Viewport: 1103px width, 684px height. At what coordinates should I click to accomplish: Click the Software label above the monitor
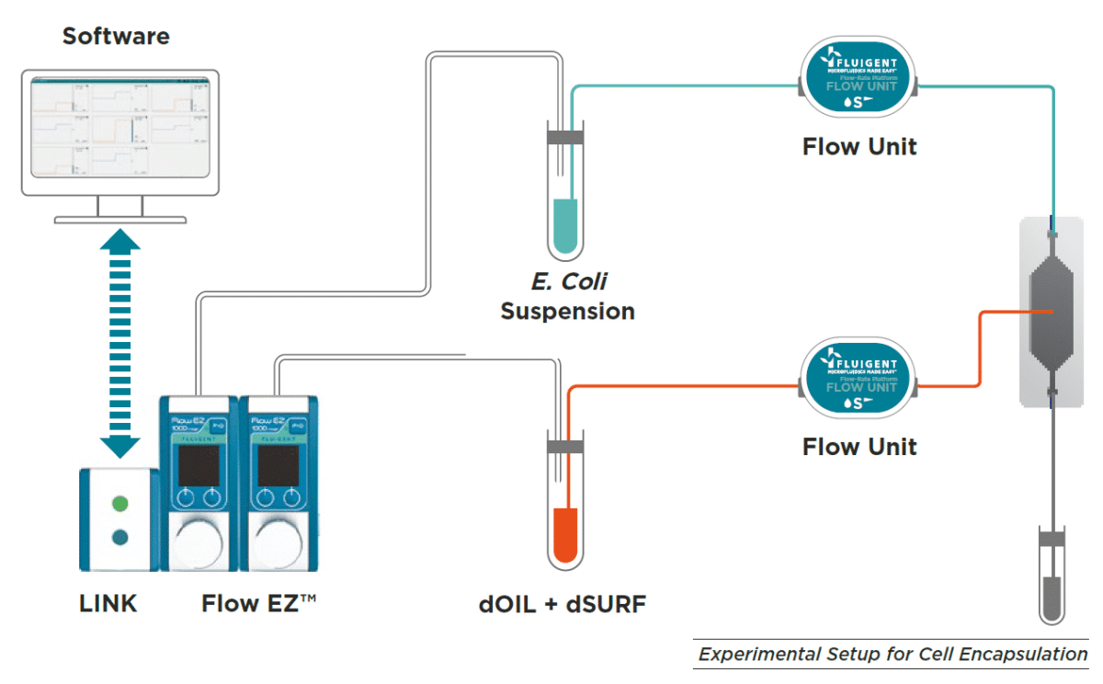(116, 37)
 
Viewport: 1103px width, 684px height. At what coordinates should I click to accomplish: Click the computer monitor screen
(119, 128)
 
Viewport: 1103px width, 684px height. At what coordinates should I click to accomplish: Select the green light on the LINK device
(119, 504)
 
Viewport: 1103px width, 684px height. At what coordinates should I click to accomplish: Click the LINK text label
(108, 604)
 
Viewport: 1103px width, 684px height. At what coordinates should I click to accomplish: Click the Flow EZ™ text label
(259, 604)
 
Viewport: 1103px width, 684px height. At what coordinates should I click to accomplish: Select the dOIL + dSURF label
(563, 604)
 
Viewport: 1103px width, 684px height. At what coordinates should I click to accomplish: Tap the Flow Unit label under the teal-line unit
(859, 147)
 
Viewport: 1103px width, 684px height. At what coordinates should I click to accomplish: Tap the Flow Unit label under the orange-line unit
(859, 448)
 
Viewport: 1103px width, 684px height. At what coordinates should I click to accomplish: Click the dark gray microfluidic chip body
(1052, 313)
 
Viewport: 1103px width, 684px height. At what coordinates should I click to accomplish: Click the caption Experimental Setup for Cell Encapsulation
(893, 655)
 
